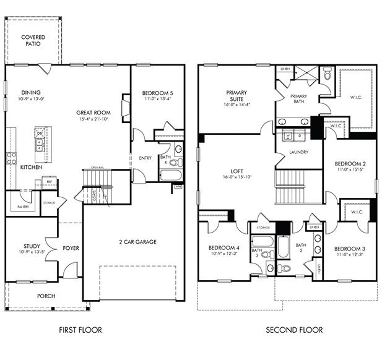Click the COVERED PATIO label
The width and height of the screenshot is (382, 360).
click(x=33, y=41)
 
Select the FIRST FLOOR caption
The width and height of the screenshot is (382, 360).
click(x=80, y=330)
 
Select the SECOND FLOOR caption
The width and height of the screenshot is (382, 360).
click(x=294, y=330)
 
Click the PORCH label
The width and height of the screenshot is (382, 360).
click(x=46, y=296)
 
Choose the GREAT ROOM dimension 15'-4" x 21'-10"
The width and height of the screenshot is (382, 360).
click(x=93, y=119)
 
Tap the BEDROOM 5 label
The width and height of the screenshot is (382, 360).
click(x=157, y=93)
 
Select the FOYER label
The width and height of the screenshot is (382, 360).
click(x=70, y=248)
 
